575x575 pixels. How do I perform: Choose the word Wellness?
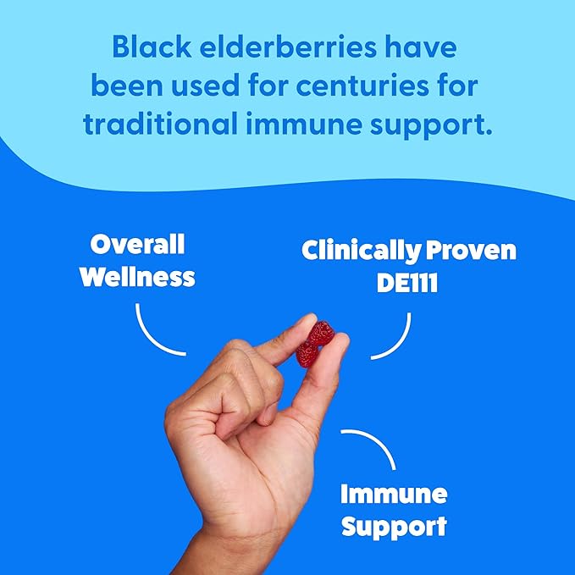click(x=137, y=276)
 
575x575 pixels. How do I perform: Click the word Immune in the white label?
click(x=393, y=494)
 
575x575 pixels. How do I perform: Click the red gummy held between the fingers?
click(x=312, y=342)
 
